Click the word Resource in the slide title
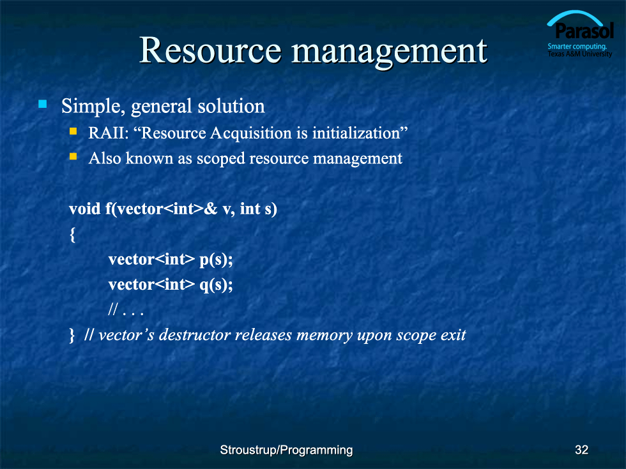(210, 50)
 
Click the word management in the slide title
(389, 53)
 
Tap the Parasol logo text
(584, 31)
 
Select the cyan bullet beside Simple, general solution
(43, 105)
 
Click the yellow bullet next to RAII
(73, 131)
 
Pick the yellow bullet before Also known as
(73, 156)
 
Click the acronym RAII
(108, 133)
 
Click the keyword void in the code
(84, 209)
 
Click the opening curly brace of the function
(72, 235)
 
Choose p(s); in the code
(216, 260)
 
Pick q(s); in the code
(216, 285)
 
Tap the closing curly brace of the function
(72, 336)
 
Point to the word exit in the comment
(453, 335)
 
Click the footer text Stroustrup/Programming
(286, 450)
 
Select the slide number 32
(582, 450)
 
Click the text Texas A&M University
(580, 54)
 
